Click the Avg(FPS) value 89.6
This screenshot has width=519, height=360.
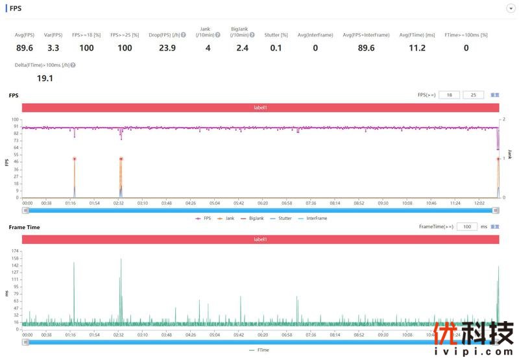click(25, 47)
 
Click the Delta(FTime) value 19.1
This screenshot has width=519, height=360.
click(45, 78)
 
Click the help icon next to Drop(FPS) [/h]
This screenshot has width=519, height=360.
click(184, 35)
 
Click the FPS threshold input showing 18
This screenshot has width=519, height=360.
click(449, 95)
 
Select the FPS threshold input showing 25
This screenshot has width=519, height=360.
click(473, 95)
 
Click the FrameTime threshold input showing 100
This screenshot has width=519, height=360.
click(467, 226)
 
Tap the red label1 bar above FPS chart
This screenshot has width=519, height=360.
click(260, 108)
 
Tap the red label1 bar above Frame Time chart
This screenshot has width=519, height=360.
click(260, 239)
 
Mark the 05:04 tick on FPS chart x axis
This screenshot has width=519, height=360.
click(214, 203)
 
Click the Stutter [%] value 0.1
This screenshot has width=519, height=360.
click(276, 47)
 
